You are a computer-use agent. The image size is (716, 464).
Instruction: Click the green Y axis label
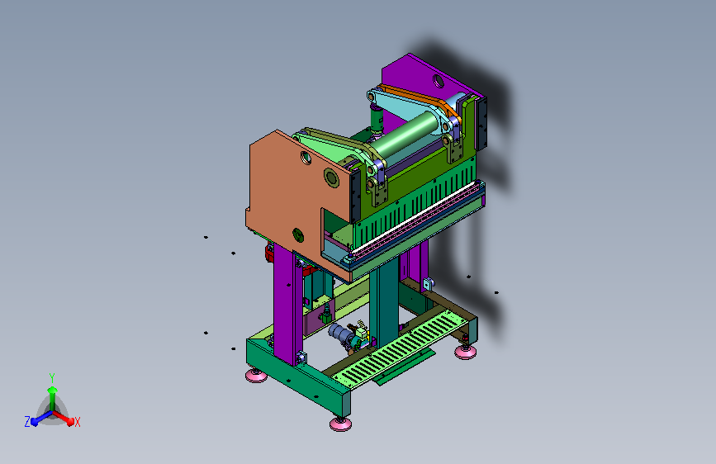click(x=52, y=377)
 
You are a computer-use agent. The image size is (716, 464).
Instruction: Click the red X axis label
click(x=77, y=422)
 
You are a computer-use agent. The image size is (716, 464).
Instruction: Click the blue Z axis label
click(x=27, y=422)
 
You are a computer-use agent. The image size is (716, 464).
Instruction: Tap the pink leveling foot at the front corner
click(x=340, y=424)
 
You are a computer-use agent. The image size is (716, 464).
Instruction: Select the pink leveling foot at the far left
click(x=256, y=375)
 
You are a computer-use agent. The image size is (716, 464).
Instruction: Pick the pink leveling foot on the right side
click(x=465, y=351)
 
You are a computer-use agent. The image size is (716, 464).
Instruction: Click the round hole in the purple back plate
click(x=439, y=81)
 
